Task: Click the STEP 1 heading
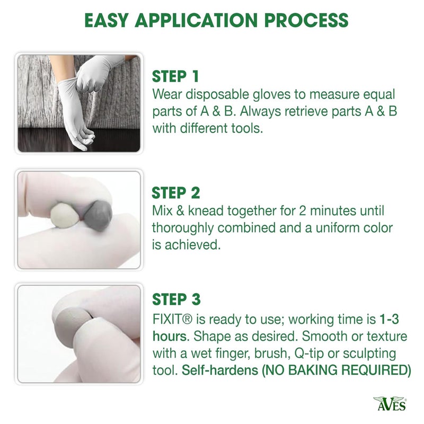tap(176, 76)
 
